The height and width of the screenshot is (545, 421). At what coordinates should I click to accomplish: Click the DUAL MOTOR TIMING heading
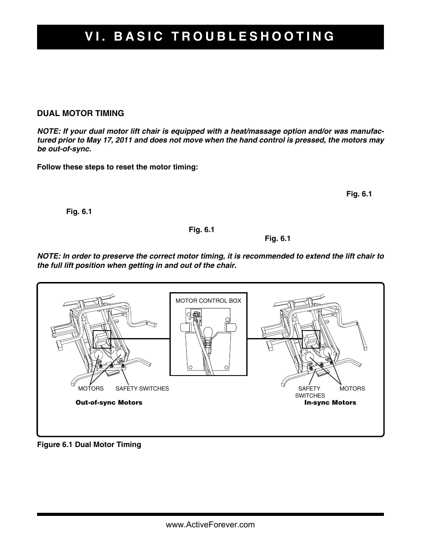pos(80,113)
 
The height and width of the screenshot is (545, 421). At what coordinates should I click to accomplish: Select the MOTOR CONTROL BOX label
pos(208,301)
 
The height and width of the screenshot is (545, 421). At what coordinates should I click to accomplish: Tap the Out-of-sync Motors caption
pos(109,402)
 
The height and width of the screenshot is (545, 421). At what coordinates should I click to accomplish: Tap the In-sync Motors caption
pos(330,402)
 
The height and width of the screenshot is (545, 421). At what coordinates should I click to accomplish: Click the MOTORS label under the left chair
pos(91,388)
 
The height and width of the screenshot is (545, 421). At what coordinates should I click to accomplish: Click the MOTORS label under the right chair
pos(352,388)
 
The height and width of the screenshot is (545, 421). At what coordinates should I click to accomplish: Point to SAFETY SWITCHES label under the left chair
pos(142,388)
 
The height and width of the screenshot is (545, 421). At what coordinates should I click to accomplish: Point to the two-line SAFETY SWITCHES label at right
pos(310,392)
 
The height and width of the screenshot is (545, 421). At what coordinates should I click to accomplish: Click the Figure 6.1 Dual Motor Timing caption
pos(89,444)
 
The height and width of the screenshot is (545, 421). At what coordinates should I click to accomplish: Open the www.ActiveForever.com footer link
pos(210,525)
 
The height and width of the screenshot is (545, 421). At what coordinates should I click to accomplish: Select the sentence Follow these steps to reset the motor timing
pos(117,167)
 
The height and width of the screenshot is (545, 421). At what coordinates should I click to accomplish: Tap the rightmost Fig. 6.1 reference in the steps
pos(359,194)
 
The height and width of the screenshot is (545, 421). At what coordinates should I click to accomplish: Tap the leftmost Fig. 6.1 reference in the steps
pos(79,211)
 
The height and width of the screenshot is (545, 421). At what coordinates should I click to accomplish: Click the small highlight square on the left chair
pos(102,339)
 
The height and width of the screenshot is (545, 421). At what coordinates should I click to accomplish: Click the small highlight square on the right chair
pos(311,339)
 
